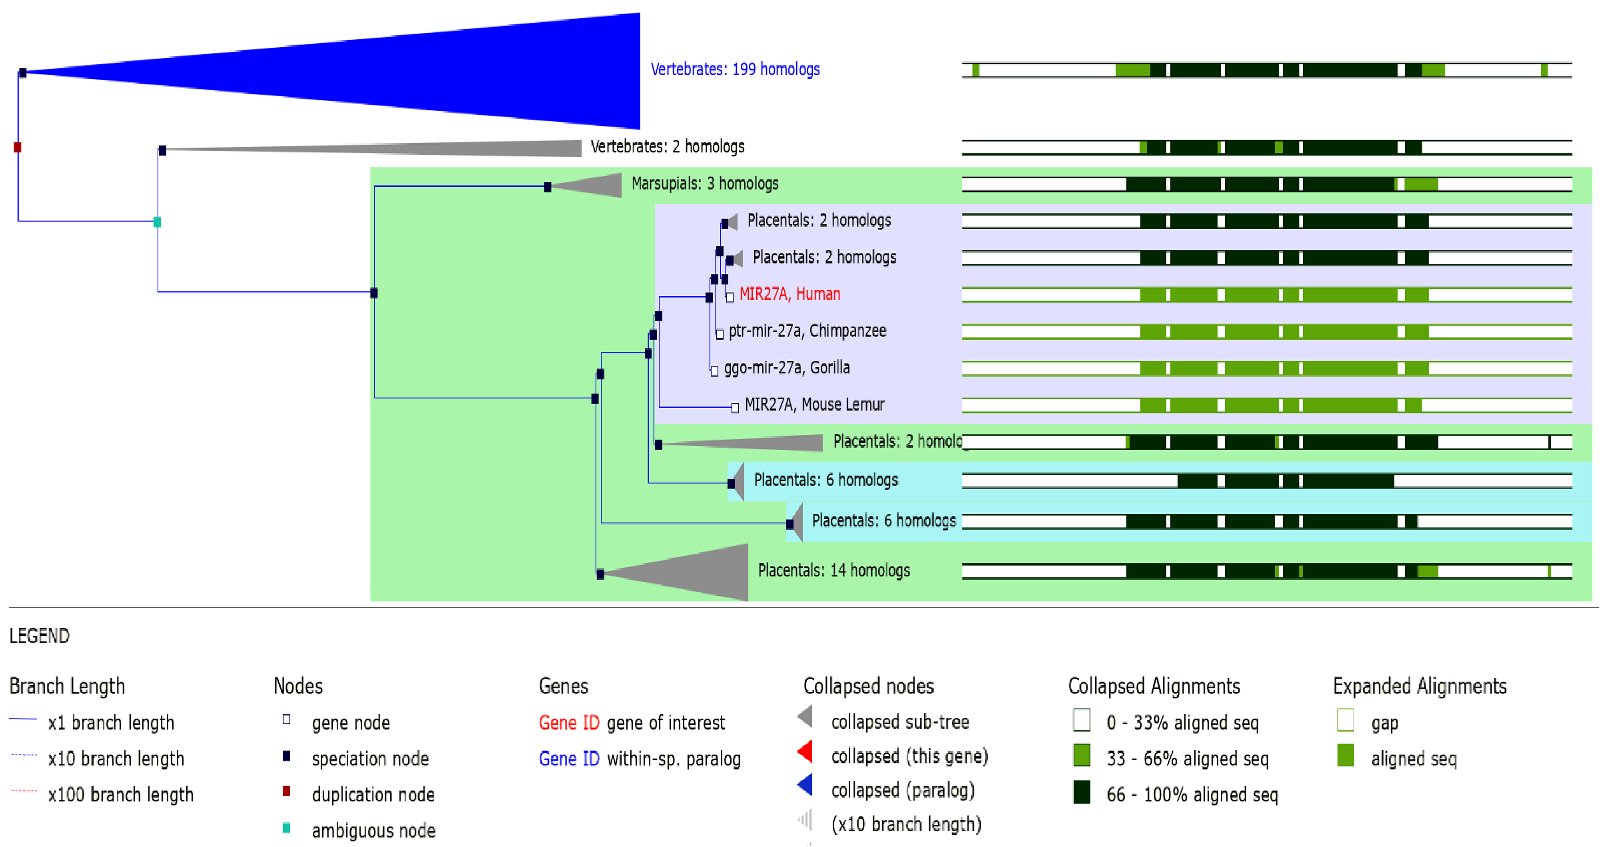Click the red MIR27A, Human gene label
pyautogui.click(x=790, y=294)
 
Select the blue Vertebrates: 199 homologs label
pyautogui.click(x=735, y=69)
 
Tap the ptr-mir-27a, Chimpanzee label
pyautogui.click(x=807, y=331)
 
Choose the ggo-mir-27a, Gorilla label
pyautogui.click(x=787, y=367)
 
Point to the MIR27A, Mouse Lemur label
pyautogui.click(x=815, y=404)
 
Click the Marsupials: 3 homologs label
pyautogui.click(x=704, y=183)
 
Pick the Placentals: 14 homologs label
pyautogui.click(x=833, y=570)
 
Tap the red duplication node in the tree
pyautogui.click(x=17, y=147)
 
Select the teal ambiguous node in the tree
pyautogui.click(x=157, y=221)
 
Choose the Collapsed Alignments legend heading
pyautogui.click(x=1154, y=686)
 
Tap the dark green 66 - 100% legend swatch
pyautogui.click(x=1082, y=793)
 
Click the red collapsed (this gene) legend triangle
pyautogui.click(x=805, y=752)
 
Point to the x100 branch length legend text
pyautogui.click(x=120, y=795)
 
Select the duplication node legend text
pyautogui.click(x=373, y=795)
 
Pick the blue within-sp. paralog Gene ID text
pyautogui.click(x=568, y=758)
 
